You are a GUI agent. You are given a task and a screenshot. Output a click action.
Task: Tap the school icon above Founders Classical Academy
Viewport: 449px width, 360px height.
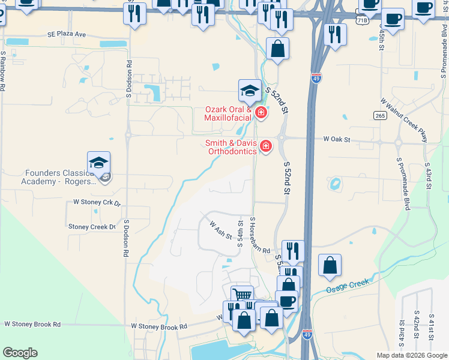[x=99, y=163]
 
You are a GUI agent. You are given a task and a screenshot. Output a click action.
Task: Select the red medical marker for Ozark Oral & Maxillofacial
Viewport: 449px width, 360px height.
[x=261, y=112]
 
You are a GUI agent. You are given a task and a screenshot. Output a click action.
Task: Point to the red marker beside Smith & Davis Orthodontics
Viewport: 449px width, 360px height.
[x=265, y=146]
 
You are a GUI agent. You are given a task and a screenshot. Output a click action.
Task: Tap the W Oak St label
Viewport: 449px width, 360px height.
[x=336, y=139]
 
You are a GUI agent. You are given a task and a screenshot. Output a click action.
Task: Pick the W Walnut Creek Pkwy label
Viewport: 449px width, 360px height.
[x=405, y=121]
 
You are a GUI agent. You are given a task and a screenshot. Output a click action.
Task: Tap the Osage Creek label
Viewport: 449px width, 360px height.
[x=346, y=286]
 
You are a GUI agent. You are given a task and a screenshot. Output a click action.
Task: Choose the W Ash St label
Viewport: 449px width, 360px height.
[x=220, y=230]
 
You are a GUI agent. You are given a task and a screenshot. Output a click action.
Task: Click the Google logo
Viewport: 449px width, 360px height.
[x=20, y=353]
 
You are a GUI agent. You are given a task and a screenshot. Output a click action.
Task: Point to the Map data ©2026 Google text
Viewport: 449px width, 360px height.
[x=411, y=355]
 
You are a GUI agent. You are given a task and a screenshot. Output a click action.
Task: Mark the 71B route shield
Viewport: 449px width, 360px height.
[x=362, y=20]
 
